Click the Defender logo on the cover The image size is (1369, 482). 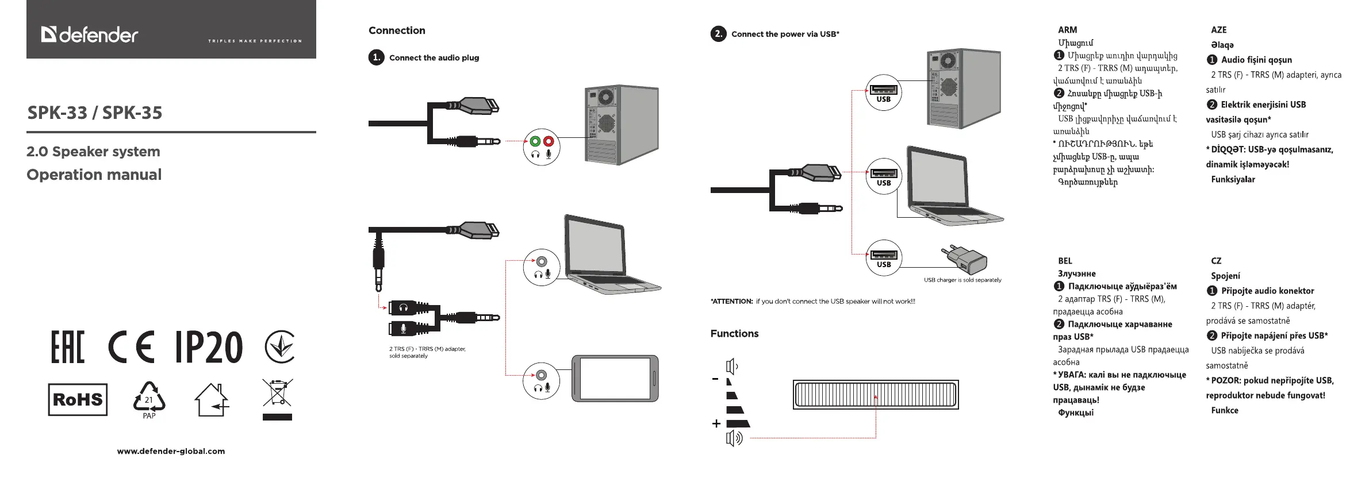[90, 35]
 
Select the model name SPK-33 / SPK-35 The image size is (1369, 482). [95, 113]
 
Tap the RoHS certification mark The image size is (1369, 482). [78, 399]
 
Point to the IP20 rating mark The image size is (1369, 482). [209, 347]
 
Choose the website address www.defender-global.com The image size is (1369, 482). [171, 451]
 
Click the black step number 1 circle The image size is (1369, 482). [376, 57]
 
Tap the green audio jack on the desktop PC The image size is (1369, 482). [535, 141]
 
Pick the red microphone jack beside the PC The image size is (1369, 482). [549, 141]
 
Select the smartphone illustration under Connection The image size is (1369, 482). [615, 378]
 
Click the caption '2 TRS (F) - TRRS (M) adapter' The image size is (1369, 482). [427, 349]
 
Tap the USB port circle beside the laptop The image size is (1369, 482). [883, 175]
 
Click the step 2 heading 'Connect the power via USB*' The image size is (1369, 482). [785, 34]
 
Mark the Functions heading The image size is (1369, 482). [734, 334]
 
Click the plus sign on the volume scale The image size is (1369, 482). [716, 424]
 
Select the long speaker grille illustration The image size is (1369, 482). [875, 395]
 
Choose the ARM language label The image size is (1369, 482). [1067, 30]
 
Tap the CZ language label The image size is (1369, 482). [1216, 261]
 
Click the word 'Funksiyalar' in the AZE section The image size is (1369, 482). [1233, 179]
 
